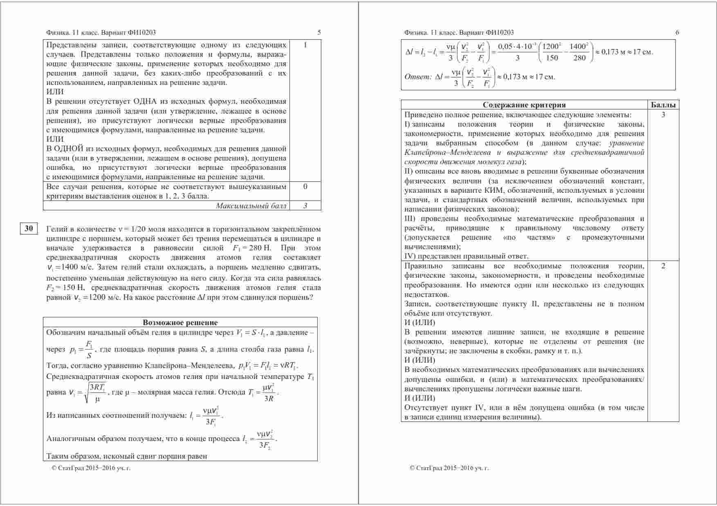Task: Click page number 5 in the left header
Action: pyautogui.click(x=319, y=33)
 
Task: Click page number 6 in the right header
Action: pyautogui.click(x=677, y=33)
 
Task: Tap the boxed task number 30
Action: pyautogui.click(x=29, y=229)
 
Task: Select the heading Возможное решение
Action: pyautogui.click(x=180, y=323)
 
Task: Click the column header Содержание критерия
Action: pyautogui.click(x=524, y=105)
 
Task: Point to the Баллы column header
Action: pyautogui.click(x=663, y=105)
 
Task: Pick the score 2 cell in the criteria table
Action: pyautogui.click(x=663, y=266)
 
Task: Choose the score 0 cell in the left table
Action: pyautogui.click(x=305, y=187)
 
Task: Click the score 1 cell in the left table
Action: pyautogui.click(x=305, y=45)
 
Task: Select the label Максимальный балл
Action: pyautogui.click(x=251, y=206)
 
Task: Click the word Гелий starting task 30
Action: pyautogui.click(x=56, y=229)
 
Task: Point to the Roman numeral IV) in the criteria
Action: pyautogui.click(x=410, y=256)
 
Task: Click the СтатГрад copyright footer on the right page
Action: pyautogui.click(x=449, y=468)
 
